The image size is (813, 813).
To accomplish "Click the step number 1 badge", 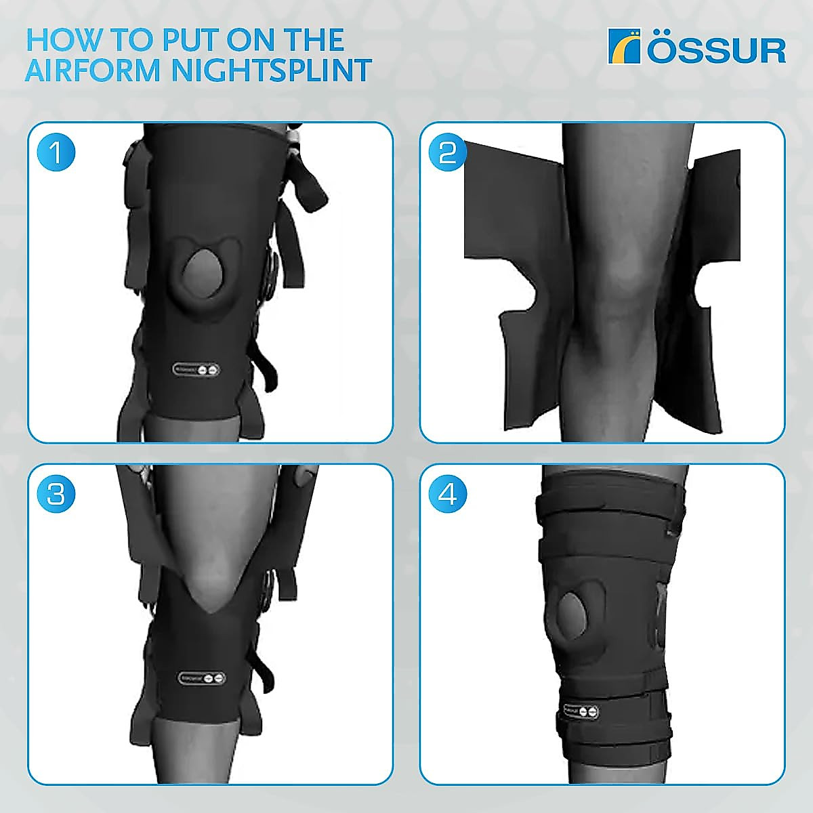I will tap(56, 152).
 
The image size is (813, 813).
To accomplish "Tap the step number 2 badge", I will tap(448, 152).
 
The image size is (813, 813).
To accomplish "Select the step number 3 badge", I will tap(56, 494).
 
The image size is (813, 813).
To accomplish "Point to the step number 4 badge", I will tap(448, 494).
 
